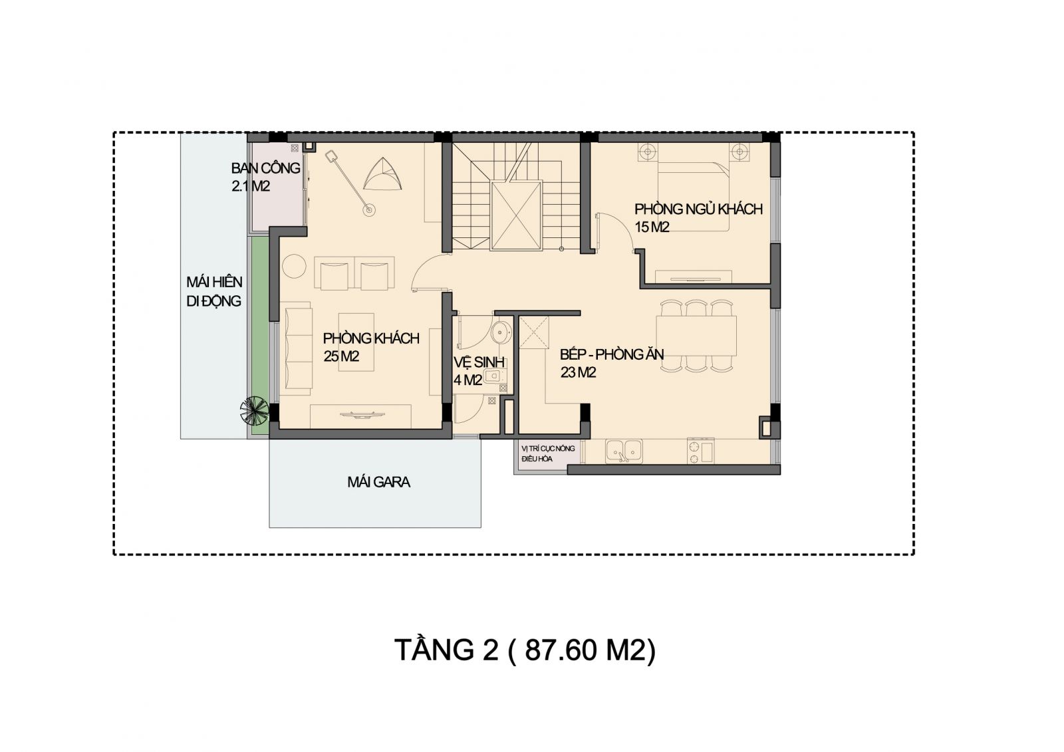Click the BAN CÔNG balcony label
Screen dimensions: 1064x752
tap(265, 177)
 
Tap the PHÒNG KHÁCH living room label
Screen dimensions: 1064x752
tap(371, 347)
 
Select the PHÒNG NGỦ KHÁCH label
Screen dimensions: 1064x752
tap(699, 218)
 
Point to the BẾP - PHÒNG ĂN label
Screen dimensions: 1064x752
tap(612, 363)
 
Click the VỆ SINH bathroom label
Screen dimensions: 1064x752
tap(479, 371)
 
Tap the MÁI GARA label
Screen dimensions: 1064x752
tap(378, 482)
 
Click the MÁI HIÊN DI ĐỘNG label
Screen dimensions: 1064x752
tap(214, 292)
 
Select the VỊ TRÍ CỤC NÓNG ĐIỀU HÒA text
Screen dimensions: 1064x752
tap(548, 453)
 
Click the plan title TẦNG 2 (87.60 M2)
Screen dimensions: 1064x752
tap(525, 650)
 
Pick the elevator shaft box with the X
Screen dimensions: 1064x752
tap(516, 215)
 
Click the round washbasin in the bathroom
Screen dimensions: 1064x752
tap(501, 332)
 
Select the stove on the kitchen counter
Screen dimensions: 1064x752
tap(700, 451)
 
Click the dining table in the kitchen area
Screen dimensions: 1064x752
tap(696, 335)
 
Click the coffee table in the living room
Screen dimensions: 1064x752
tap(356, 342)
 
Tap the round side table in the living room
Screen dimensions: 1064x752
tap(294, 266)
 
